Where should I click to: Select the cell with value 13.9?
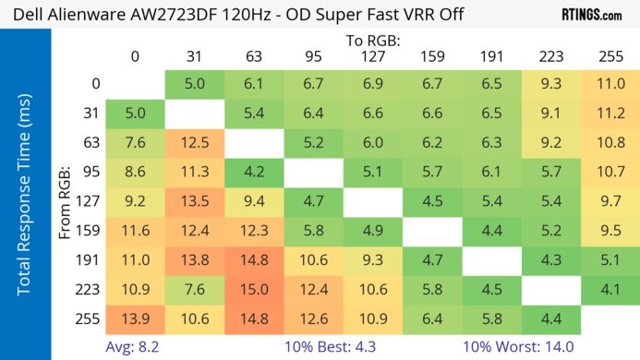(x=135, y=318)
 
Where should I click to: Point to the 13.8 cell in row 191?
(x=195, y=260)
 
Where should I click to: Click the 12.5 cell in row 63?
(x=195, y=143)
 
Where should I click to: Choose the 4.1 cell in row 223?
(x=609, y=290)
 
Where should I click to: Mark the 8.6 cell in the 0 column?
(x=135, y=173)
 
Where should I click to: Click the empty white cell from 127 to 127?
(x=372, y=202)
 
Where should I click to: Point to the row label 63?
(x=91, y=143)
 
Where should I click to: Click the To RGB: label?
(x=372, y=41)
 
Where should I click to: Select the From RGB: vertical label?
(x=66, y=201)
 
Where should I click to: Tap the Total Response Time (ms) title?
(x=25, y=200)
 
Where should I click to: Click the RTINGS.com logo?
(x=591, y=15)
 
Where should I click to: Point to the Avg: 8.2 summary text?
(x=136, y=347)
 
